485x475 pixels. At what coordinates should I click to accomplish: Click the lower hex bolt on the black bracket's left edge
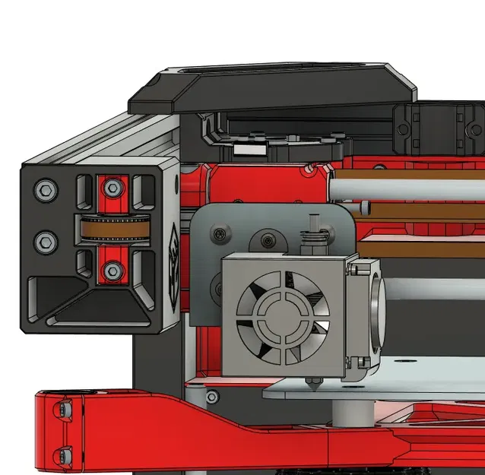pyautogui.click(x=45, y=242)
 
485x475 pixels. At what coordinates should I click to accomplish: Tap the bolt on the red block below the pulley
pyautogui.click(x=113, y=268)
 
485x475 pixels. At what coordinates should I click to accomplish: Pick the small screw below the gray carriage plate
pyautogui.click(x=211, y=396)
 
